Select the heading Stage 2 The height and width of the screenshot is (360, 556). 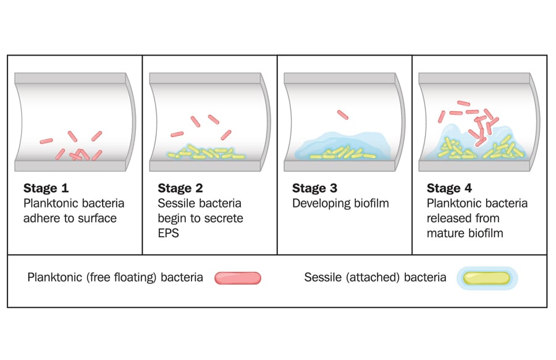pos(180,188)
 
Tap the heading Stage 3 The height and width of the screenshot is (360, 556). pos(314,188)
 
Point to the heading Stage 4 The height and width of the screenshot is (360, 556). pos(449,188)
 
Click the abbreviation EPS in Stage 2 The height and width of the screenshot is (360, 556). pos(169,233)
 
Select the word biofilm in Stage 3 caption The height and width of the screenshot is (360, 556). pos(369,203)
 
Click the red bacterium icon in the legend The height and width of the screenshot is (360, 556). pos(238,278)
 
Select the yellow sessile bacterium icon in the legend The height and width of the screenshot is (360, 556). pos(487,278)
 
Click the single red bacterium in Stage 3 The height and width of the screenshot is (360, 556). pos(343,114)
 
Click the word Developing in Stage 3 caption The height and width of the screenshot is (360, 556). pos(320,203)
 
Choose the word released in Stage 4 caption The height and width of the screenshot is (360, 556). pos(449,219)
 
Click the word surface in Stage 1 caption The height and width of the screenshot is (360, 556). pos(96,219)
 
